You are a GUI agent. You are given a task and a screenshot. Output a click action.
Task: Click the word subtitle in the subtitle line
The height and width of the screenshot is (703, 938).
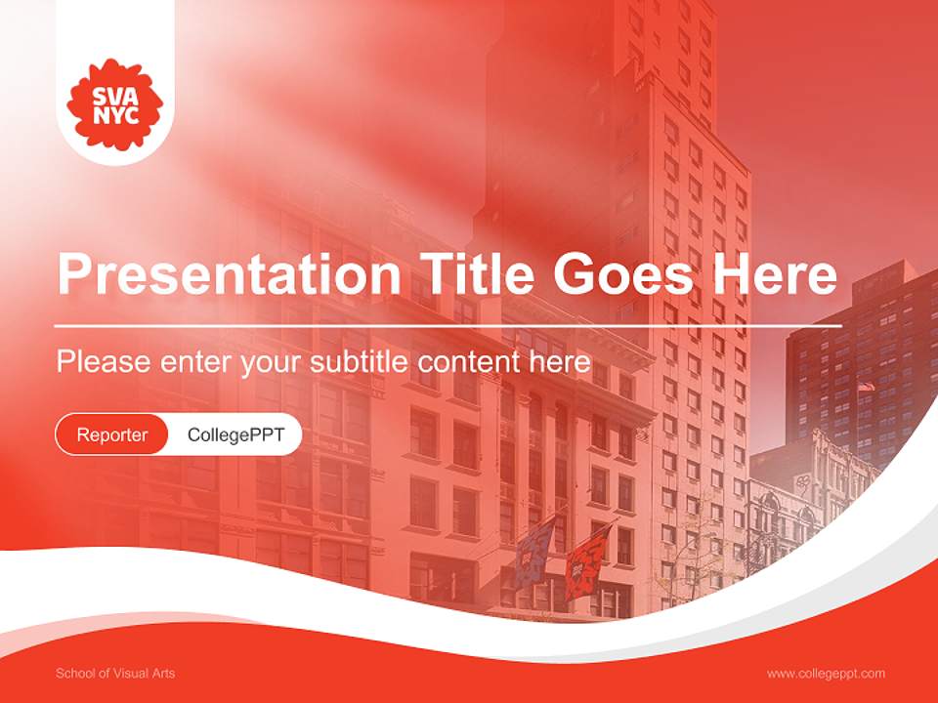point(361,361)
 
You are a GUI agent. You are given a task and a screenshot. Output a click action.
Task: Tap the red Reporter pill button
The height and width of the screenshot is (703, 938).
point(111,434)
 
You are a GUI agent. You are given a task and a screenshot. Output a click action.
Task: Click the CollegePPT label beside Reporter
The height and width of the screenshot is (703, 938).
point(235,434)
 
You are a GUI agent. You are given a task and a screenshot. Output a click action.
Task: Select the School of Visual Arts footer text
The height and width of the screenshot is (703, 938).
point(115,674)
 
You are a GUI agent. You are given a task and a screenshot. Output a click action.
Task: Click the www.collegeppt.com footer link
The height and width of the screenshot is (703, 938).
point(826,674)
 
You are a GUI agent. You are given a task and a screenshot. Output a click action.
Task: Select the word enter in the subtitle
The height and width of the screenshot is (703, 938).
point(192,362)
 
